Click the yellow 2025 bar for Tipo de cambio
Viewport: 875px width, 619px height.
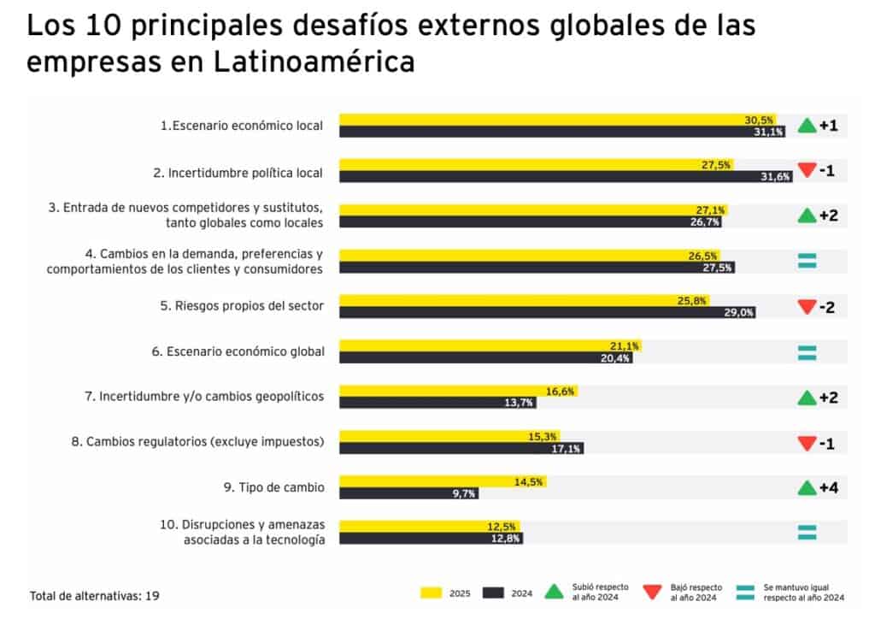pyautogui.click(x=443, y=481)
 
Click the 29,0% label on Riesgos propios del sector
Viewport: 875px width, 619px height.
pyautogui.click(x=739, y=312)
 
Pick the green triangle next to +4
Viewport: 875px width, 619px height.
pyautogui.click(x=807, y=488)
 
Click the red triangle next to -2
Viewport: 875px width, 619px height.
pyautogui.click(x=807, y=306)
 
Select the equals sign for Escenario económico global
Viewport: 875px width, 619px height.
pyautogui.click(x=807, y=352)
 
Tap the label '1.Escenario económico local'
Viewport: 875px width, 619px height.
pyautogui.click(x=242, y=126)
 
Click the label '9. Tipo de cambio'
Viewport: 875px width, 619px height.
pyautogui.click(x=273, y=487)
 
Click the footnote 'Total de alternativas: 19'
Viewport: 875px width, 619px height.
pyautogui.click(x=95, y=595)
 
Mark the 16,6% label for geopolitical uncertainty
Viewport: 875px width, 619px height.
pyautogui.click(x=561, y=392)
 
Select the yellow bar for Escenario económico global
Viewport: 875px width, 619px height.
pyautogui.click(x=490, y=346)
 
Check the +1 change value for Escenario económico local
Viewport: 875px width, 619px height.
pyautogui.click(x=828, y=125)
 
